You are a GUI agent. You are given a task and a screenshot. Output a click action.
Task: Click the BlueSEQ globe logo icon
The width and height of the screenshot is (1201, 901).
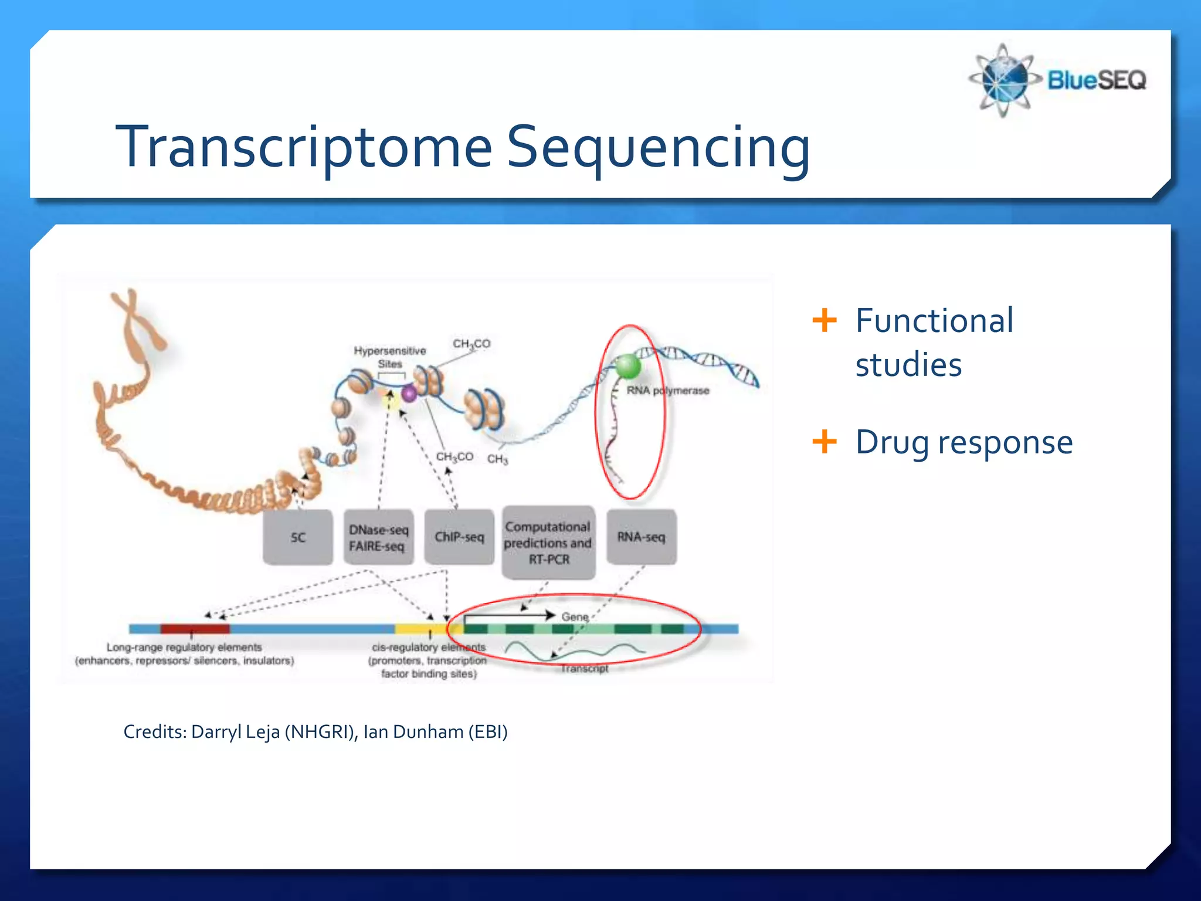point(1003,80)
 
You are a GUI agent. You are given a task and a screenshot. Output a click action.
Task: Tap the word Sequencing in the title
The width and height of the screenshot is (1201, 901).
point(658,148)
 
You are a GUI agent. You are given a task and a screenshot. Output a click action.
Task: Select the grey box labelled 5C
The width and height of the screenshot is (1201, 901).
point(298,537)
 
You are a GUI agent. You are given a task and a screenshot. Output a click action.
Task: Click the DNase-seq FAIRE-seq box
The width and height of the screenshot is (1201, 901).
point(378,537)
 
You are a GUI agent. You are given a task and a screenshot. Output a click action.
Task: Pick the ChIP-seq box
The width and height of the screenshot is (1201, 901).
point(459,537)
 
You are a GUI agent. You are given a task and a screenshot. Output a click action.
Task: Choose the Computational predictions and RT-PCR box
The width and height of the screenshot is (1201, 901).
point(548,543)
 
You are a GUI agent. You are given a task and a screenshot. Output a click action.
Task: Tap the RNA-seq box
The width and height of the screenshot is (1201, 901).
point(641,537)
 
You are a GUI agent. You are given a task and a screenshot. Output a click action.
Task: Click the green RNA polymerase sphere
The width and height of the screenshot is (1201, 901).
point(627,366)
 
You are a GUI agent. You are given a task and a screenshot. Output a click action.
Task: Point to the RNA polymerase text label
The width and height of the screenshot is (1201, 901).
point(667,391)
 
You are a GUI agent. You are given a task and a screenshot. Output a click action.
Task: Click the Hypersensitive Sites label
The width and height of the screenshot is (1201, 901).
point(390,357)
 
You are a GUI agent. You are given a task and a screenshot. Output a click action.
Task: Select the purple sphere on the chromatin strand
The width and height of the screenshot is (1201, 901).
point(409,394)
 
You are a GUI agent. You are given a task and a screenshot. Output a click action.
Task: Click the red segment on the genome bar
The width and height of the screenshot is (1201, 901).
point(195,629)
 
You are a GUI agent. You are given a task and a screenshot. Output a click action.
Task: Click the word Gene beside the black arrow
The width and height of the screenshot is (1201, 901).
point(575,617)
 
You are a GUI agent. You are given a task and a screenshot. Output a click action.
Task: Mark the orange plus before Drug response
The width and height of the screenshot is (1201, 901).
point(825,442)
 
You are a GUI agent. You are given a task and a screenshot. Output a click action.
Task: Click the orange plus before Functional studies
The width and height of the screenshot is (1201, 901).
point(825,320)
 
